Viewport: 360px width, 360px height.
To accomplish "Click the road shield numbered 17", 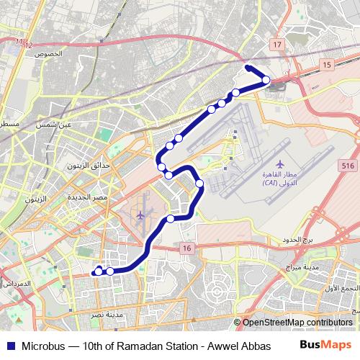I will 277,45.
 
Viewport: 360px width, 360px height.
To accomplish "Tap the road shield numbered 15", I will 328,65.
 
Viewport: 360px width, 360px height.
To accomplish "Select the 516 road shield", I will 348,166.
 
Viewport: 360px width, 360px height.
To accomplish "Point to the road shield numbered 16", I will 187,248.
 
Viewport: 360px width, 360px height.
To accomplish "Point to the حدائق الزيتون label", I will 90,166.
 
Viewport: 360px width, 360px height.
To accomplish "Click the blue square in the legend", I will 10,346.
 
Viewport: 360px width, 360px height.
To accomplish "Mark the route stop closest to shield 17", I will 266,80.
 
